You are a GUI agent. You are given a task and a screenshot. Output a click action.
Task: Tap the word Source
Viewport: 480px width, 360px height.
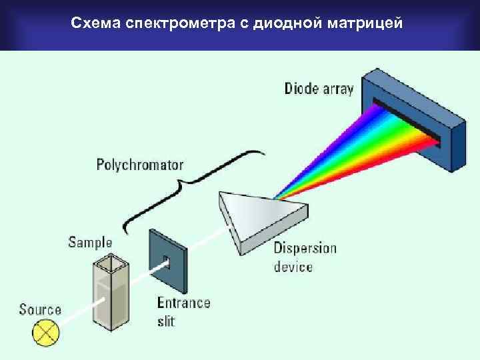(x=40, y=309)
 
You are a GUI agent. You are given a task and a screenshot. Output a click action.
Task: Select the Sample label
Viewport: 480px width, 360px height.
(x=90, y=242)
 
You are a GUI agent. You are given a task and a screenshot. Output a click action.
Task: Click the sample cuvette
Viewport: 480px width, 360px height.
(x=110, y=293)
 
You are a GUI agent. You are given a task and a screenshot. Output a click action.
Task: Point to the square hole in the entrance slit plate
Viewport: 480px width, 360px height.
(x=166, y=261)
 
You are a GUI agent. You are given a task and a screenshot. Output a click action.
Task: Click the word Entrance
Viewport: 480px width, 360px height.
(x=183, y=303)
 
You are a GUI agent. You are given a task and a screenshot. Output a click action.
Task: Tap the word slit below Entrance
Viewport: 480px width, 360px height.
(x=167, y=321)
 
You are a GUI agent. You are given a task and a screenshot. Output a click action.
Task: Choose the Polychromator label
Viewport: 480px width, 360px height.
(x=140, y=163)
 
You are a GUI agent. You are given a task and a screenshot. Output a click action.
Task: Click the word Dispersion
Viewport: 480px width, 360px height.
(x=305, y=248)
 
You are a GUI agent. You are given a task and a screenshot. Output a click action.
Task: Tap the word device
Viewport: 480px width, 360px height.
(x=293, y=267)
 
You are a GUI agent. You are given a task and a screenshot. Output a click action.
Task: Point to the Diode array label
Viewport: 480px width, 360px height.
(x=319, y=88)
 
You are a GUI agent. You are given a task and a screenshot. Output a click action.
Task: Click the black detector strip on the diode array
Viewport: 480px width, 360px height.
(x=407, y=120)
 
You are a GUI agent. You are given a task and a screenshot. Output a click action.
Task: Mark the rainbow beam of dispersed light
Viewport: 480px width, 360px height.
(x=360, y=150)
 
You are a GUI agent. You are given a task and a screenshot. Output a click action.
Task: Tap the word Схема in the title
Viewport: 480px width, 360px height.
(x=92, y=25)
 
